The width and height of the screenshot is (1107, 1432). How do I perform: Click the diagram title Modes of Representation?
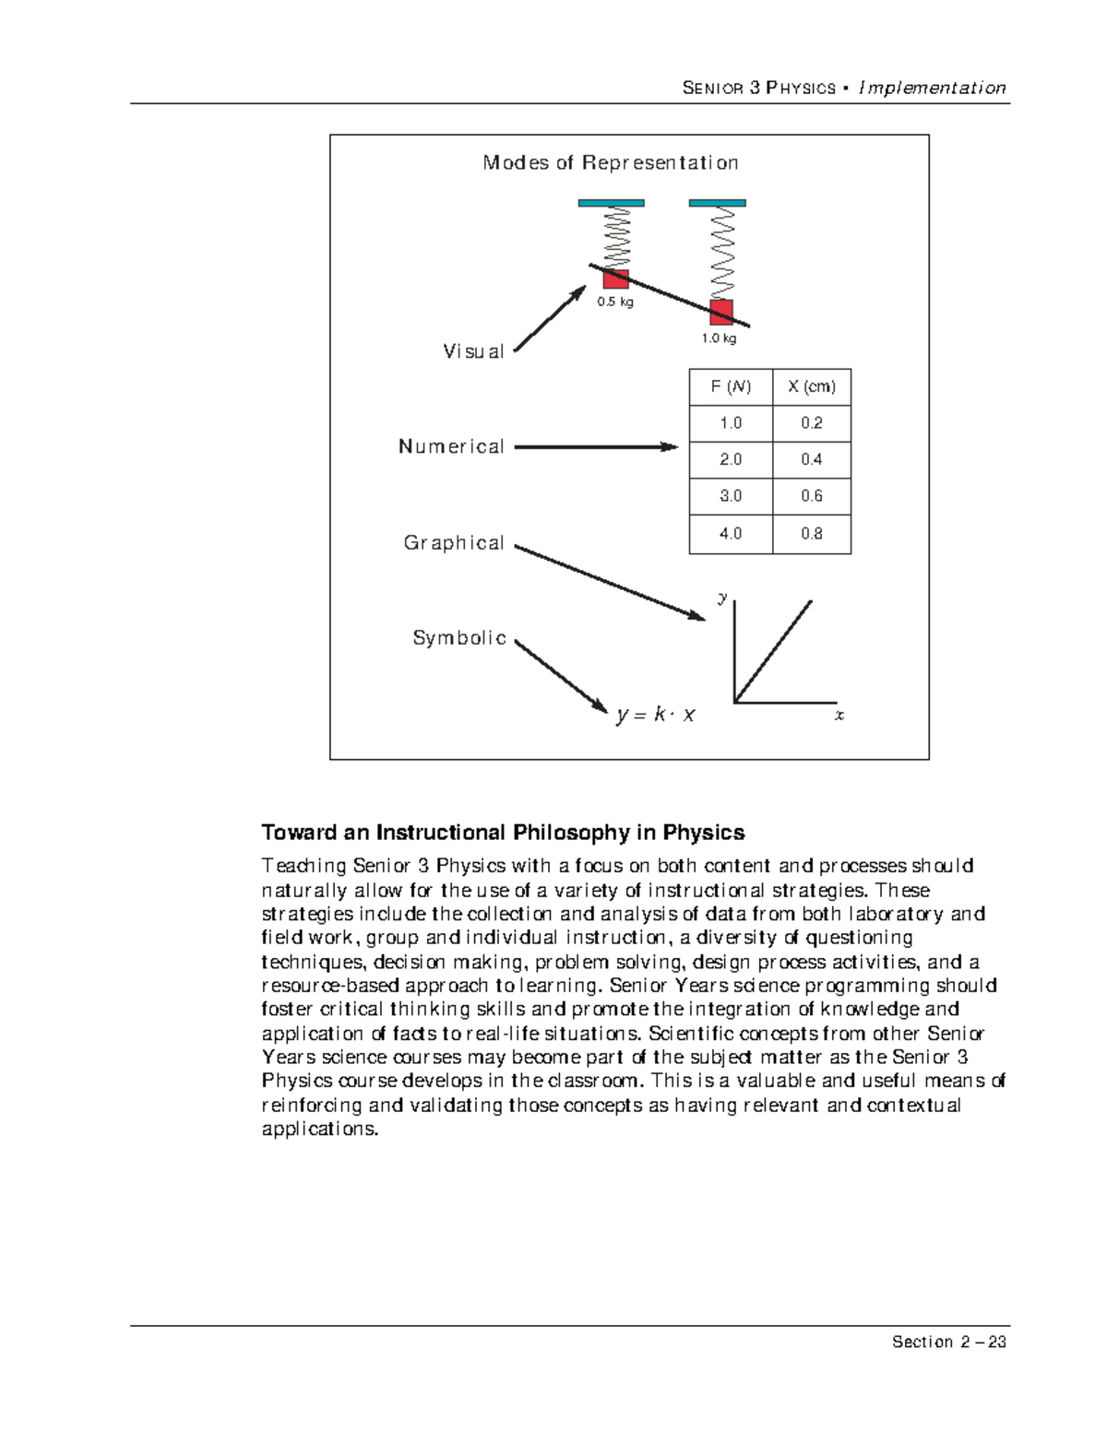click(610, 163)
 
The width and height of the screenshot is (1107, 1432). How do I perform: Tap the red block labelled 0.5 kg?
click(616, 278)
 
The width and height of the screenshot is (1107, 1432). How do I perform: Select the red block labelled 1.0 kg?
click(721, 312)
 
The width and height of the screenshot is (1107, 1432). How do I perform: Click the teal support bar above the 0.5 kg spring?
click(611, 203)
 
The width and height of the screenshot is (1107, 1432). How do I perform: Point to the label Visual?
click(473, 351)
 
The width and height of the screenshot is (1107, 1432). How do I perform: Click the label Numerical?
click(451, 446)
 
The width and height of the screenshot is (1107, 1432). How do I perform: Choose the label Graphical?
click(454, 543)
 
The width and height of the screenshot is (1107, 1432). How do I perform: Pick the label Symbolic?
click(459, 638)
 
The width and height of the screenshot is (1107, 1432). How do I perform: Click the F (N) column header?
click(731, 387)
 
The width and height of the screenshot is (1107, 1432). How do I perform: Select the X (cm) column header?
click(812, 387)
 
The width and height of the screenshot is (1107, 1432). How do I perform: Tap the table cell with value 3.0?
click(731, 496)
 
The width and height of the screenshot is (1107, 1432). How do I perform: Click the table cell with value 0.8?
click(812, 534)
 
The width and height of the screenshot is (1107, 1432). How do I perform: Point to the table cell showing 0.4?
click(812, 459)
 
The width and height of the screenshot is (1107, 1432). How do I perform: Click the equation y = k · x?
click(656, 715)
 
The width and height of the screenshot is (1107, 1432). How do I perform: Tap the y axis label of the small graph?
click(723, 598)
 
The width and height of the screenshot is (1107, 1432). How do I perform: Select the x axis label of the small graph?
click(839, 716)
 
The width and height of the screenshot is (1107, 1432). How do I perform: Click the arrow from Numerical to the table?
click(595, 447)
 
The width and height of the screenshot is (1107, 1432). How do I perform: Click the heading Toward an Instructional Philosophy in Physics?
click(503, 833)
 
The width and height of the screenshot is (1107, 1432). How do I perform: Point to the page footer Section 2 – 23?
click(948, 1342)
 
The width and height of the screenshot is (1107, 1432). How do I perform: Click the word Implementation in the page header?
click(932, 89)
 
